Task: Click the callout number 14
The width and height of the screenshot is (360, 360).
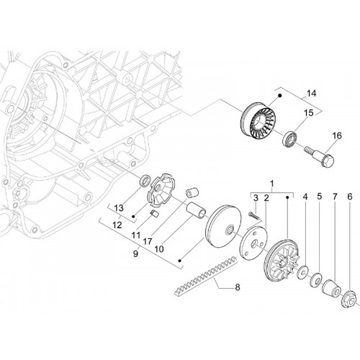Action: (311, 94)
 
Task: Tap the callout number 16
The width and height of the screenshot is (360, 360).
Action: (336, 136)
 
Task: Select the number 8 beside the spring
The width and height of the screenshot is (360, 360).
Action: (238, 287)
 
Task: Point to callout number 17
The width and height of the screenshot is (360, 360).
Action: (148, 241)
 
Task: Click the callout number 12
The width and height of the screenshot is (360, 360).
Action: (117, 225)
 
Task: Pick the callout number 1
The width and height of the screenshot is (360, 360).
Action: (271, 184)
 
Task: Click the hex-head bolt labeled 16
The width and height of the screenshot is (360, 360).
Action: (320, 156)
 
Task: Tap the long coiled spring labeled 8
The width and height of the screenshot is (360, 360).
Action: (206, 276)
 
